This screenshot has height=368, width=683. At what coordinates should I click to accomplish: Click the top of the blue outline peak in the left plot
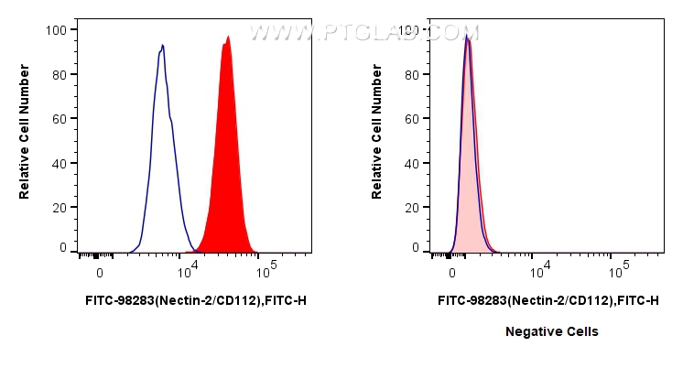click(x=162, y=46)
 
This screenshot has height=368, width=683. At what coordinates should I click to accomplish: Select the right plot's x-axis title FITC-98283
click(x=547, y=299)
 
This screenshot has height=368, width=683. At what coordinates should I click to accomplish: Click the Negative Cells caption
click(x=551, y=331)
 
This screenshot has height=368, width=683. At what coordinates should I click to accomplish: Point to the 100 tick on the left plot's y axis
click(x=56, y=29)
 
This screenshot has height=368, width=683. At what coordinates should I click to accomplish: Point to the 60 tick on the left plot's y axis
click(x=59, y=119)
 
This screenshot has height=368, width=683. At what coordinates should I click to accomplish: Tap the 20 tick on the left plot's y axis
click(x=59, y=208)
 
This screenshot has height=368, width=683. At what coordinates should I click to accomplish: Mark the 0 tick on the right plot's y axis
click(x=415, y=247)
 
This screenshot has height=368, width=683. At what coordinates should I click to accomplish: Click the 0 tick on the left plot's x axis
click(x=99, y=273)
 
